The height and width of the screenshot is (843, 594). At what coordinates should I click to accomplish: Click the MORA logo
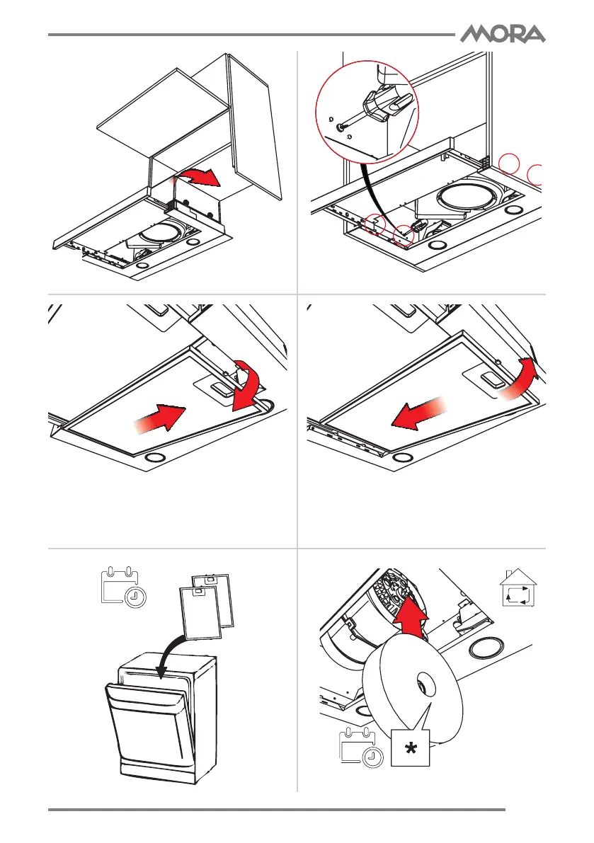pos(503,33)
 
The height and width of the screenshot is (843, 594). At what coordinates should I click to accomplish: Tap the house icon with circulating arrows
pos(518,591)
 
